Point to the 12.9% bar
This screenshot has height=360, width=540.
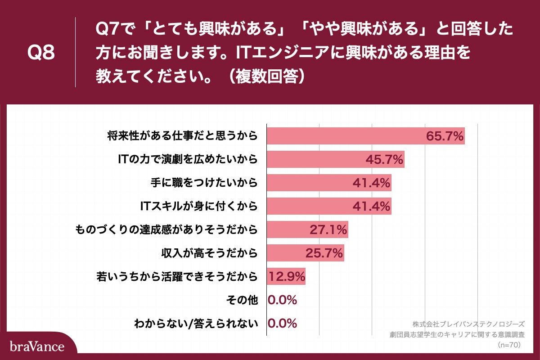(x=286, y=276)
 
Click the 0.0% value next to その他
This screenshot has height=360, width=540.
(x=283, y=300)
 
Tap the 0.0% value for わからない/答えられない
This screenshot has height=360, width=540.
(x=283, y=323)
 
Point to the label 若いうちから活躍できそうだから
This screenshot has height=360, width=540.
(x=177, y=276)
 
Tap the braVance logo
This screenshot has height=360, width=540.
(x=37, y=347)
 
